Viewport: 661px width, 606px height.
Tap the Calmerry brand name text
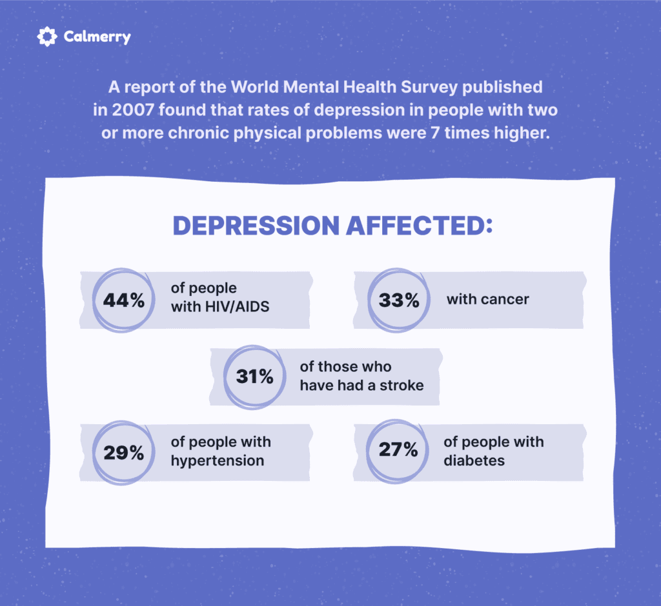(x=97, y=37)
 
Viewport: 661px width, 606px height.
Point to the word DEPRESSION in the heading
(x=256, y=225)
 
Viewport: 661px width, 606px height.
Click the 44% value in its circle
(x=123, y=300)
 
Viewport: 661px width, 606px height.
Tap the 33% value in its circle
(x=399, y=300)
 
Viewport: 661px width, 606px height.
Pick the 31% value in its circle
(x=254, y=376)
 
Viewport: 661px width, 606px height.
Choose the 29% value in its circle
(x=123, y=453)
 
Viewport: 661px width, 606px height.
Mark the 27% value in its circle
(x=398, y=449)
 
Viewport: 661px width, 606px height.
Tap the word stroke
(x=402, y=386)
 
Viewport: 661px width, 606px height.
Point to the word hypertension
(x=218, y=461)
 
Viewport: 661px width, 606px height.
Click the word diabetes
(x=474, y=461)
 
